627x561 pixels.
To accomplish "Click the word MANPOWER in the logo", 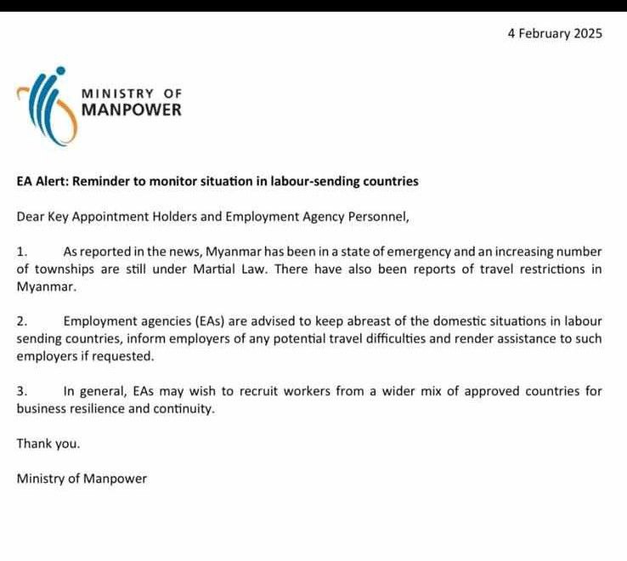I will [131, 110].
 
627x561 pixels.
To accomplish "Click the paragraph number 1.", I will [22, 252].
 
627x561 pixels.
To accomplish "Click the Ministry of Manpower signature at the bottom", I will [82, 479].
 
